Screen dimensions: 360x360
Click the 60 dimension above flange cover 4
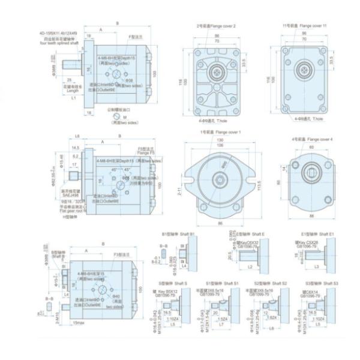click(311, 146)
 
